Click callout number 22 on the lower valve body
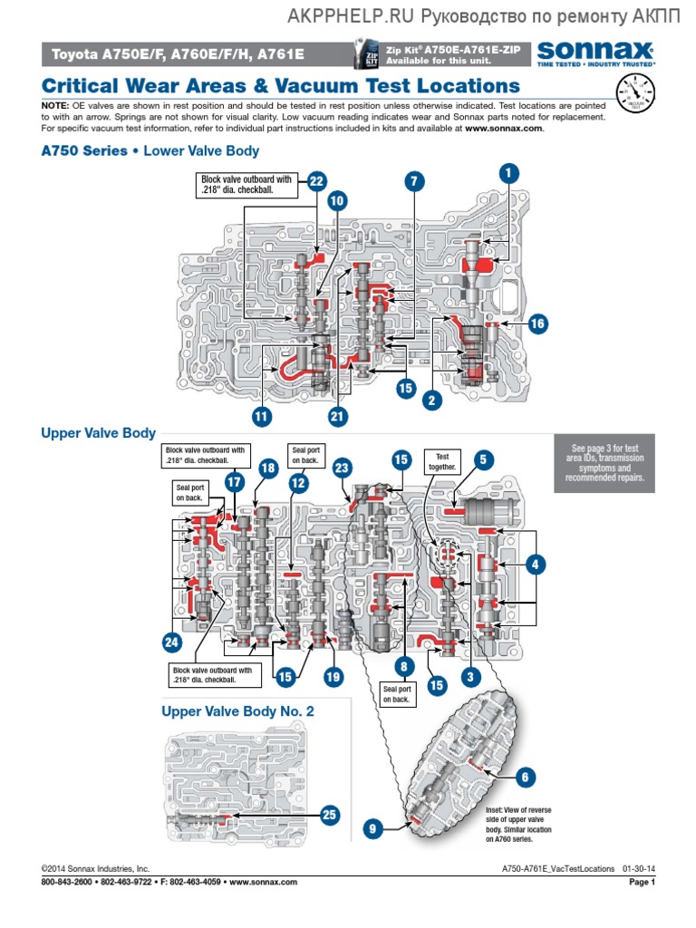(x=316, y=181)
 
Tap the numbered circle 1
(x=509, y=172)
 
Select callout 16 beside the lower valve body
(x=537, y=324)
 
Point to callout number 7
(x=413, y=181)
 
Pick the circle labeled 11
(x=262, y=417)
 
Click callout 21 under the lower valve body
(x=338, y=417)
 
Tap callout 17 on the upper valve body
(x=234, y=482)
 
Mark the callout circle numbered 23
(x=341, y=468)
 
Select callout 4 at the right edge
(x=536, y=565)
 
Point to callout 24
(x=171, y=643)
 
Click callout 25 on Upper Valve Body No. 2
(x=330, y=815)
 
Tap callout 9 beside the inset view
(x=372, y=826)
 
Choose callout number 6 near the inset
(x=524, y=776)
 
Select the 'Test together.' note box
(x=443, y=462)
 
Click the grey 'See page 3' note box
(x=607, y=463)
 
